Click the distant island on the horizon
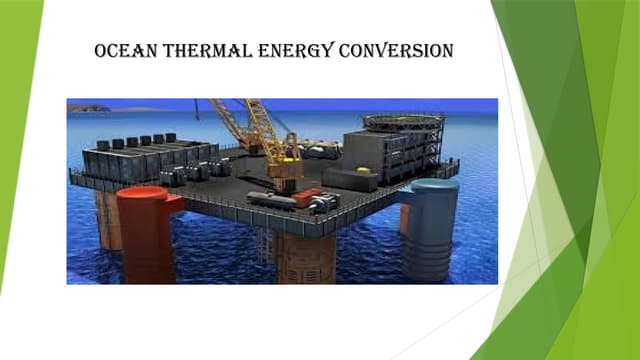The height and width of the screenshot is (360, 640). [88, 107]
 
